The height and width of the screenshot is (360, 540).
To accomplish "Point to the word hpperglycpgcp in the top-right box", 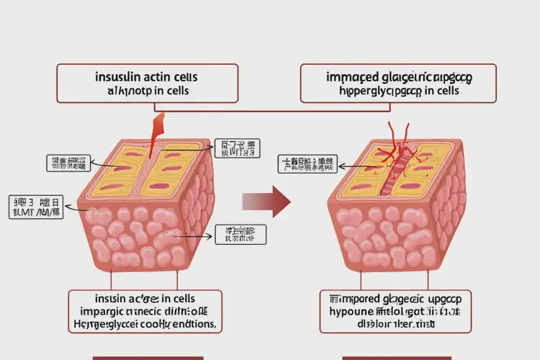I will [374, 91].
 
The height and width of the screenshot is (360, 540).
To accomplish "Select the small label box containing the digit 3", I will [35, 206].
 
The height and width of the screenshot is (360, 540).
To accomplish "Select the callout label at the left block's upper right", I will [237, 148].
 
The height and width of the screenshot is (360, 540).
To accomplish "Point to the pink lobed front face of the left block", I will [144, 238].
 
